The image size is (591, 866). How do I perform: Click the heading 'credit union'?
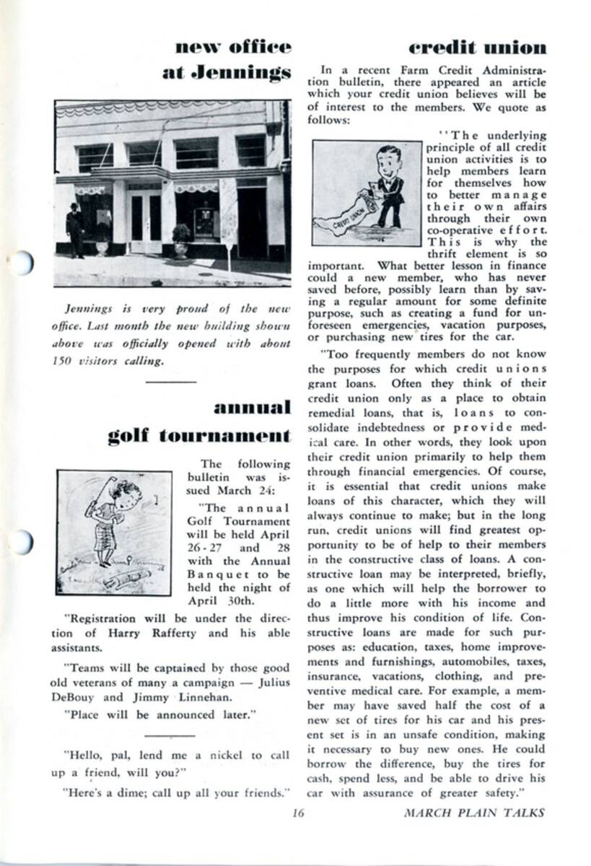point(477,48)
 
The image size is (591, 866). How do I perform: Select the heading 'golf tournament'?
point(199,435)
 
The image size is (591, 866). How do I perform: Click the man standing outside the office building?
point(74,229)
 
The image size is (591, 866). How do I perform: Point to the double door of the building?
point(146,221)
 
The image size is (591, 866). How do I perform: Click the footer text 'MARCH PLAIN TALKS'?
point(474,813)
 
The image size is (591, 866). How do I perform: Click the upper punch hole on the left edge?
point(21,263)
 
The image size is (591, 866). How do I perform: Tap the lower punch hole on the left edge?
point(21,542)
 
